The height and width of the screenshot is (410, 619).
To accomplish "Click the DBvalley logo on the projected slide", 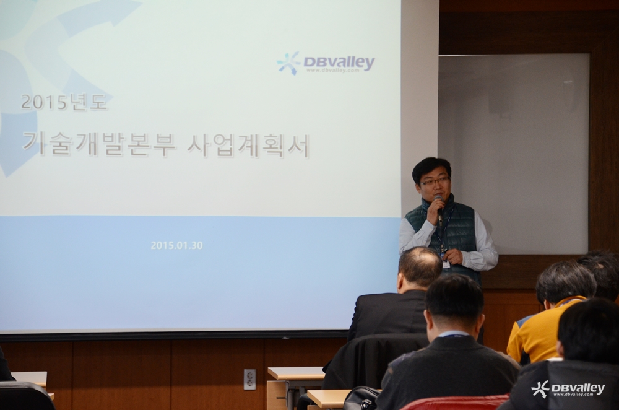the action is coord(326,63).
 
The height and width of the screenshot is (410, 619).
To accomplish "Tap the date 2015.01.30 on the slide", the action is coord(176,245).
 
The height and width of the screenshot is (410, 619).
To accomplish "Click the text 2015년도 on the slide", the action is coord(64,102).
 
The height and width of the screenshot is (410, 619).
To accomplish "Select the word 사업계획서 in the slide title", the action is coord(248,146).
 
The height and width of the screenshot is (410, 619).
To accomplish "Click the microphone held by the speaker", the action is coord(439,206).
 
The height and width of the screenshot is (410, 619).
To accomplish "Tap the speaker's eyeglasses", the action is coord(435,181).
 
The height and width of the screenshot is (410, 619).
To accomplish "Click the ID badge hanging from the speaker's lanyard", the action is coord(446,263).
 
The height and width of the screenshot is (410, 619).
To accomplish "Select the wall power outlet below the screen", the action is coord(249,379).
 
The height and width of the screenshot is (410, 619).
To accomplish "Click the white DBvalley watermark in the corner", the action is coord(568,389).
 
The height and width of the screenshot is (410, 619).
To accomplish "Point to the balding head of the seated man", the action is coord(420,266).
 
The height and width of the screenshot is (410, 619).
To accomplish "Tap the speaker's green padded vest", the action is coord(454,233).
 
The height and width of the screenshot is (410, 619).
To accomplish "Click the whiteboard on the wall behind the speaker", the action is coord(513,154).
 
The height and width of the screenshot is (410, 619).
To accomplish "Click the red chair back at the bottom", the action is coord(454,403).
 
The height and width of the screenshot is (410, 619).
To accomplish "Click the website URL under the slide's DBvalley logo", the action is coord(333,71).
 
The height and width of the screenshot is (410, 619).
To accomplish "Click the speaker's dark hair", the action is coord(431,166).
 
